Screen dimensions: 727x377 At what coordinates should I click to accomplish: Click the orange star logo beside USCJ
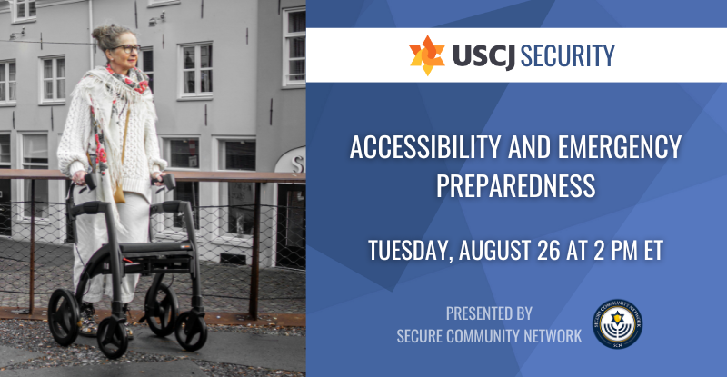pos(427,55)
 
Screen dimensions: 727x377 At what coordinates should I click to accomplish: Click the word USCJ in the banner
pos(483,56)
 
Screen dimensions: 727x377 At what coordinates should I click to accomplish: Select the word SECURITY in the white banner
pos(567,55)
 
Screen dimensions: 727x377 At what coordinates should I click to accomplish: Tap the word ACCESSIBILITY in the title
pos(425,147)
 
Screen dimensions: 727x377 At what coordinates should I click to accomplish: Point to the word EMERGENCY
pos(620,147)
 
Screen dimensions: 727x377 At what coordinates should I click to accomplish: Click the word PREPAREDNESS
pos(515,185)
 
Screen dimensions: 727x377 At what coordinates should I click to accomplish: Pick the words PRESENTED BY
pos(489,313)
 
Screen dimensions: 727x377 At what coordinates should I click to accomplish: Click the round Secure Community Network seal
pos(617,323)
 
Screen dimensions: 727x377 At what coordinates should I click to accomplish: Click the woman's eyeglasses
pos(126,48)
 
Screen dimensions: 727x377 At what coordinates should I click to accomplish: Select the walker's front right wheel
pos(191,331)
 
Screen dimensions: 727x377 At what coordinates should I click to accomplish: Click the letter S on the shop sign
pos(298,164)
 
